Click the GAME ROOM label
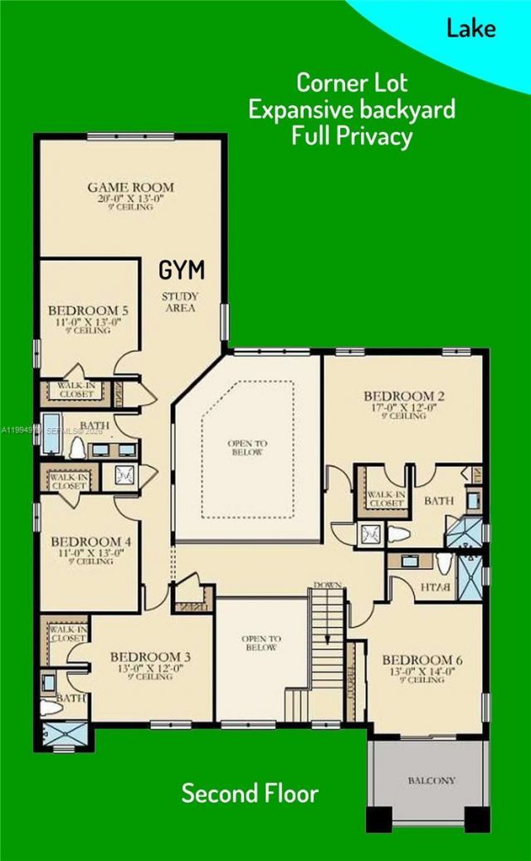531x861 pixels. click(130, 187)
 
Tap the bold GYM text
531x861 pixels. click(182, 270)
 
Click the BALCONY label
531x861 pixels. click(431, 781)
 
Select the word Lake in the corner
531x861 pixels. click(471, 28)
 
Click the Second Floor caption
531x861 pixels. click(250, 793)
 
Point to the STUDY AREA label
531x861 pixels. click(178, 301)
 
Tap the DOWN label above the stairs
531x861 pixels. click(328, 586)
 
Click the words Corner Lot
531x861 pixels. click(352, 83)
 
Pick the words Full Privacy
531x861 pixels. click(352, 136)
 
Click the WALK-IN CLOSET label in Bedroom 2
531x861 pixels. click(386, 499)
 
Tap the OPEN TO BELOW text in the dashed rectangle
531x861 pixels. click(246, 448)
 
